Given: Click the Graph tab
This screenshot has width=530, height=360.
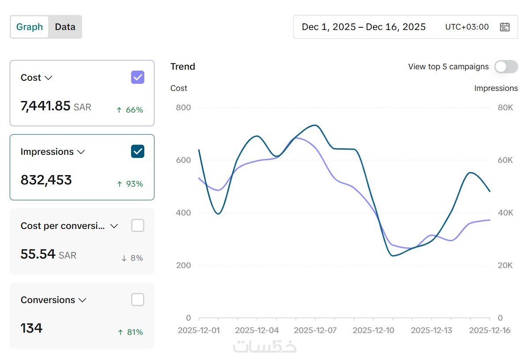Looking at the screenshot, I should click(30, 27).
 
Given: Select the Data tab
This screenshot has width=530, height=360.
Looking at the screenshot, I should click(65, 27).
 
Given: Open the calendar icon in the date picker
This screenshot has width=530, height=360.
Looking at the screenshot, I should click(504, 27).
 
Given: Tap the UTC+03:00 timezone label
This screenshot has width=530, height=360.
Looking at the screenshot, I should click(467, 27).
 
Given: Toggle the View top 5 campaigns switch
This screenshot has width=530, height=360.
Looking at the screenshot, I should click(506, 67).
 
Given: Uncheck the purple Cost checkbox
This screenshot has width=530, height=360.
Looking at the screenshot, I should click(138, 78).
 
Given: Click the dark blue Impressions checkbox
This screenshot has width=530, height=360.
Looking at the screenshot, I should click(138, 152).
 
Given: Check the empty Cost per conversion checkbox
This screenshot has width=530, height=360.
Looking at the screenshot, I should click(138, 226).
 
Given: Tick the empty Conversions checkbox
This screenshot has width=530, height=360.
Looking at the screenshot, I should click(138, 300).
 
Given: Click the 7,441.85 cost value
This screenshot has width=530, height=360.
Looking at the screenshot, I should click(45, 106).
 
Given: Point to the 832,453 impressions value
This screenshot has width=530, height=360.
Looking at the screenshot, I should click(46, 180).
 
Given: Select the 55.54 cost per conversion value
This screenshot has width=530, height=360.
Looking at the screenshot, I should click(38, 254).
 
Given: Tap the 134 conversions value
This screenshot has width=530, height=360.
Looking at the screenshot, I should click(32, 328).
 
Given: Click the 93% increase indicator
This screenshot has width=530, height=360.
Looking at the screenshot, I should click(130, 184).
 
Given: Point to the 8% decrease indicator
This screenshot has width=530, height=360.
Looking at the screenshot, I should click(132, 258).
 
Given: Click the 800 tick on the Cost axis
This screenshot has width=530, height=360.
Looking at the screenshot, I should click(183, 107).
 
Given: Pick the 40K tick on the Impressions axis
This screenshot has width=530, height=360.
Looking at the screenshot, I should click(505, 213).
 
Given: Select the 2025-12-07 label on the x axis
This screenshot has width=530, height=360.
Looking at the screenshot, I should click(316, 330).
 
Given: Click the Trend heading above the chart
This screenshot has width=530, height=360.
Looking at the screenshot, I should click(183, 67).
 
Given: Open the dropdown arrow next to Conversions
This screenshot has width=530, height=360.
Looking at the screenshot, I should click(82, 300).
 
